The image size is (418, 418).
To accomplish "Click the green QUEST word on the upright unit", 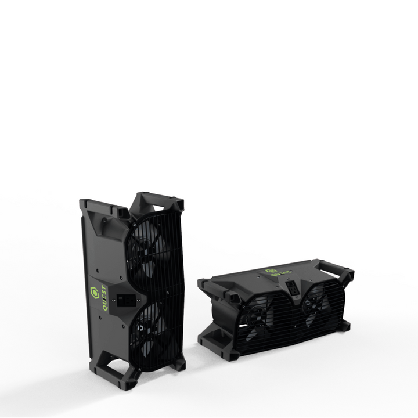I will tap(105, 298).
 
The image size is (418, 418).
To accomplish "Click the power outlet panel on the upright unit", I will tap(125, 301).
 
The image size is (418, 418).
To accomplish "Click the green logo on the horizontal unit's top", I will tap(271, 271).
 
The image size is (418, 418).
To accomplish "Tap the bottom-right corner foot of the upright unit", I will tap(177, 365).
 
